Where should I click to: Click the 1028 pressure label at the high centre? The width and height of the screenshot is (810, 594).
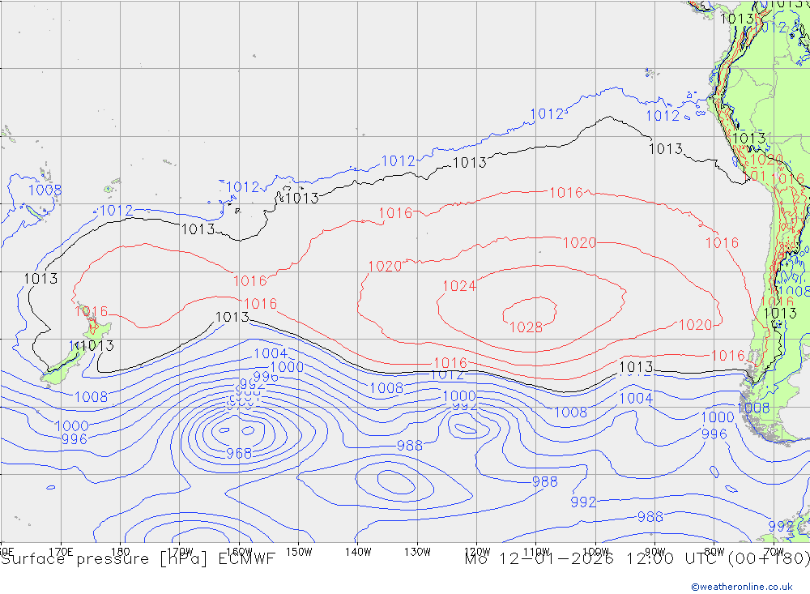(526, 327)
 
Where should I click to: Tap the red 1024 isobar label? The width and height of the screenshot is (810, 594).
(458, 285)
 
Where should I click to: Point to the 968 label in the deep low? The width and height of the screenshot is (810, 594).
(239, 453)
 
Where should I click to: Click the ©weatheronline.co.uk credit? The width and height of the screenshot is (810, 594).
(741, 587)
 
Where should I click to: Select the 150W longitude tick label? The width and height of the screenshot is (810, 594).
(298, 551)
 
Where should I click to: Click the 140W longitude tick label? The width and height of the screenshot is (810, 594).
(357, 551)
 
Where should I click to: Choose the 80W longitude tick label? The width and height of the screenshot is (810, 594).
(713, 551)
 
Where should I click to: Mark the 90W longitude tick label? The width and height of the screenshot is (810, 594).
(654, 551)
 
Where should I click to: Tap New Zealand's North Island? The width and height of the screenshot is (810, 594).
(96, 327)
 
